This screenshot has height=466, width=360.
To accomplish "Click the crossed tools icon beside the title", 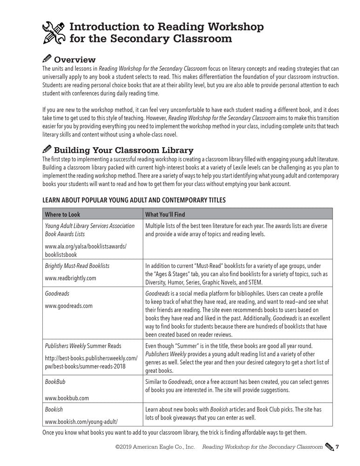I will [x=54, y=32].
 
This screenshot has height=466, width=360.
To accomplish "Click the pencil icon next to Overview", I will [x=47, y=59].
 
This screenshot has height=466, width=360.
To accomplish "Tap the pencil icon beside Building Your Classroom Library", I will [x=47, y=150].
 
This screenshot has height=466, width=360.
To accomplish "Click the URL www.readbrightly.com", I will [x=70, y=278].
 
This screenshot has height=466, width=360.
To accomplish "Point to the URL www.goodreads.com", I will [x=68, y=306].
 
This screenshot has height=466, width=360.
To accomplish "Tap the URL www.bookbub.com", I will [x=67, y=398].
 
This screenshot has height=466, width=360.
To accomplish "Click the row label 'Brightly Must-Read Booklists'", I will [x=77, y=266].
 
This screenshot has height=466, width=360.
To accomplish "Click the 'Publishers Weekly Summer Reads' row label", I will [x=82, y=346].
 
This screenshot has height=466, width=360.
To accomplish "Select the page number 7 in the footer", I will [x=337, y=447].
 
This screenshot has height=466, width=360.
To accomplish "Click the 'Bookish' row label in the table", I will [x=53, y=409].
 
